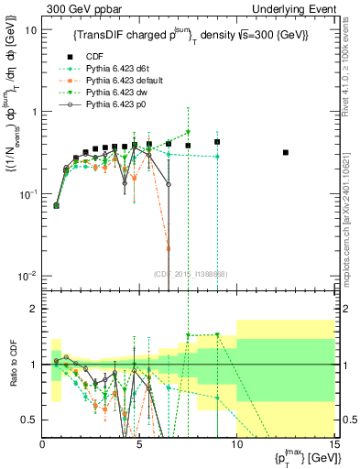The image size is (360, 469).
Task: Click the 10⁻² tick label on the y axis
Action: point(28,276)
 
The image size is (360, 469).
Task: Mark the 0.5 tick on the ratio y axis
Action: point(31,420)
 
